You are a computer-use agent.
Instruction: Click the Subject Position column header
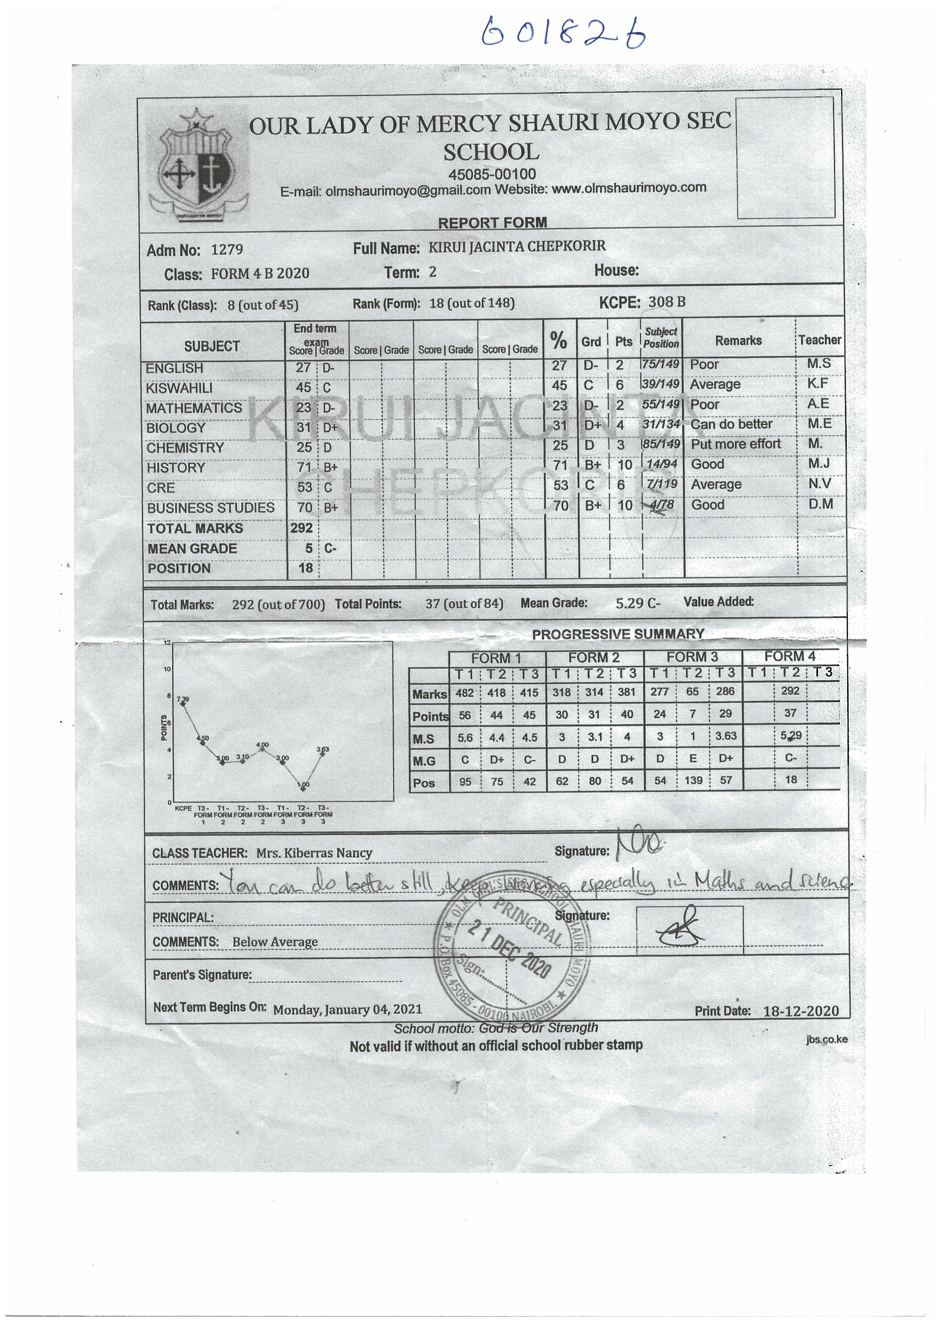click(x=661, y=338)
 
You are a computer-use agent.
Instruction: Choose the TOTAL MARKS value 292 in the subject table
click(x=302, y=528)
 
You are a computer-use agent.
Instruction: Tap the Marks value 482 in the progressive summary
click(x=465, y=692)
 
